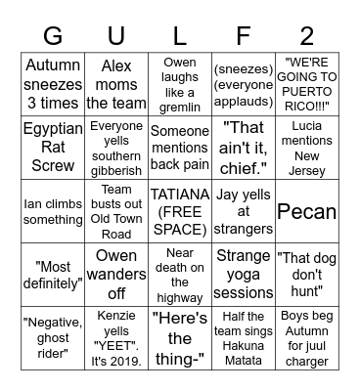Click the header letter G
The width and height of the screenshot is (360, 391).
click(53, 36)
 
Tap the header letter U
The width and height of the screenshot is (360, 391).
click(116, 36)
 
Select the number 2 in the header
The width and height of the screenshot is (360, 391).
click(307, 36)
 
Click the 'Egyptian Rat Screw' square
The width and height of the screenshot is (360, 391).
click(53, 146)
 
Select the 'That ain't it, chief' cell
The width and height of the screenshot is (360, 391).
click(244, 146)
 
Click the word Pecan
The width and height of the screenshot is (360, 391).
click(307, 210)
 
